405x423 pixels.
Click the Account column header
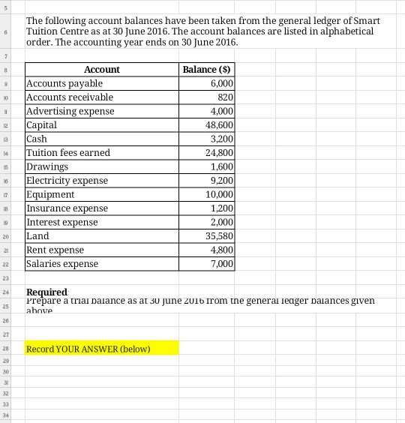click(x=101, y=70)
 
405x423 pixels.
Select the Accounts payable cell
click(x=64, y=83)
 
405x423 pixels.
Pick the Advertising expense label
click(x=70, y=111)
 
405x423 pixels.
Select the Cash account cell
click(x=37, y=139)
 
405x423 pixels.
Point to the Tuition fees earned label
click(x=68, y=153)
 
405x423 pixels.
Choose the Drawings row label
click(x=47, y=166)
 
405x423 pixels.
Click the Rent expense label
click(x=55, y=250)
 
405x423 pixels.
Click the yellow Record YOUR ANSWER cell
click(x=102, y=349)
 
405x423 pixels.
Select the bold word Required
click(x=46, y=292)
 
